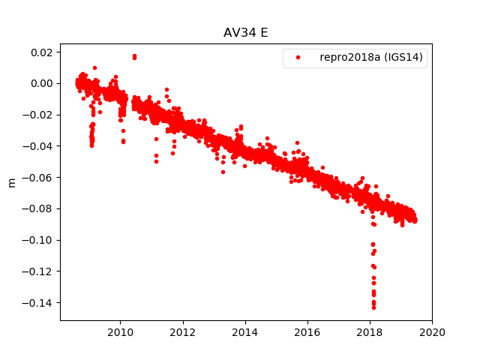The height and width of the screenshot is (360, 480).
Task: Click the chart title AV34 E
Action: (246, 32)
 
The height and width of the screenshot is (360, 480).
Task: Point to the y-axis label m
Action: (11, 182)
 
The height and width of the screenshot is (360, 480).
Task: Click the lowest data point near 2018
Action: (373, 307)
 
